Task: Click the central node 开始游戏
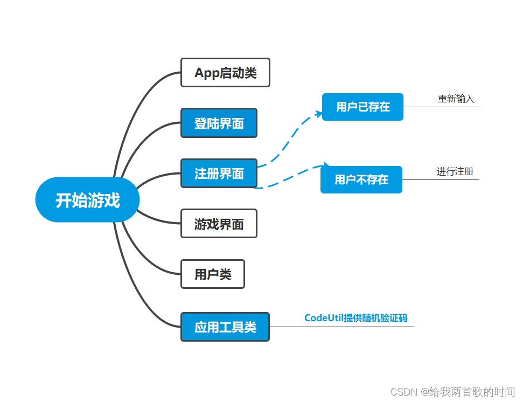tap(87, 200)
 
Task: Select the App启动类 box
tap(225, 73)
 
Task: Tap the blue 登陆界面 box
tap(219, 123)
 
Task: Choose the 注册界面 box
tap(219, 174)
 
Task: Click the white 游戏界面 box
tap(219, 224)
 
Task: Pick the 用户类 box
tap(213, 274)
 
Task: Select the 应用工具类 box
tap(225, 327)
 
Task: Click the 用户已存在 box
tap(362, 107)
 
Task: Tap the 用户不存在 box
tap(361, 179)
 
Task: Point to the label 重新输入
tap(456, 99)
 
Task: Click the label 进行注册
tap(455, 171)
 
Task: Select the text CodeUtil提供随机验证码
tap(355, 318)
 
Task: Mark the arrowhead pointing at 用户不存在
tap(325, 165)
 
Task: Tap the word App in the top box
tap(206, 73)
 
